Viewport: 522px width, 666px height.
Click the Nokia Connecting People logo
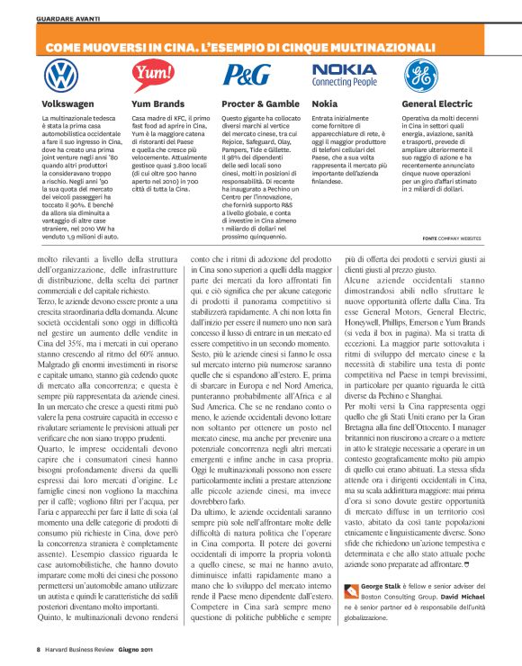tap(345, 75)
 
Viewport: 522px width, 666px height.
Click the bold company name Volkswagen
tap(68, 104)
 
